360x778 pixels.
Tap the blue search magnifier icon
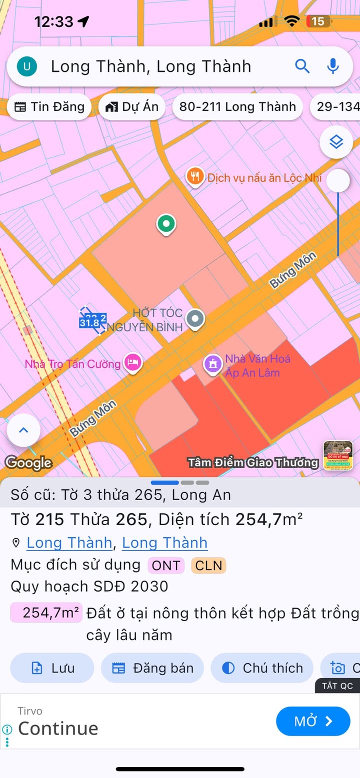tap(302, 66)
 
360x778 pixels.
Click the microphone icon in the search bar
tap(333, 66)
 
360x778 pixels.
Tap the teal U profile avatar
tap(27, 66)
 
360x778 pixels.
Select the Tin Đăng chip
tap(49, 106)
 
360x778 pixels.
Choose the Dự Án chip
tap(132, 106)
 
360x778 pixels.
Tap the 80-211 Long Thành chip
tap(237, 106)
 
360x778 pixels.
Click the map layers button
tap(336, 142)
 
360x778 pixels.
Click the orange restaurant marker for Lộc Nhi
tap(194, 176)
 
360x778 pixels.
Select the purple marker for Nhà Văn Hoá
tap(213, 364)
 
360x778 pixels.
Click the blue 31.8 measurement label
tap(89, 323)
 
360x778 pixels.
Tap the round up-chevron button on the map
tap(23, 430)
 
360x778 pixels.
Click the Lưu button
tap(52, 668)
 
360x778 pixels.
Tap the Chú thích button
tap(262, 668)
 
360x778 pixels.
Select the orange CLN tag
tap(208, 566)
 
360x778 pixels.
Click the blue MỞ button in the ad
tap(313, 721)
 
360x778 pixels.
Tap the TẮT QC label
tap(337, 686)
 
